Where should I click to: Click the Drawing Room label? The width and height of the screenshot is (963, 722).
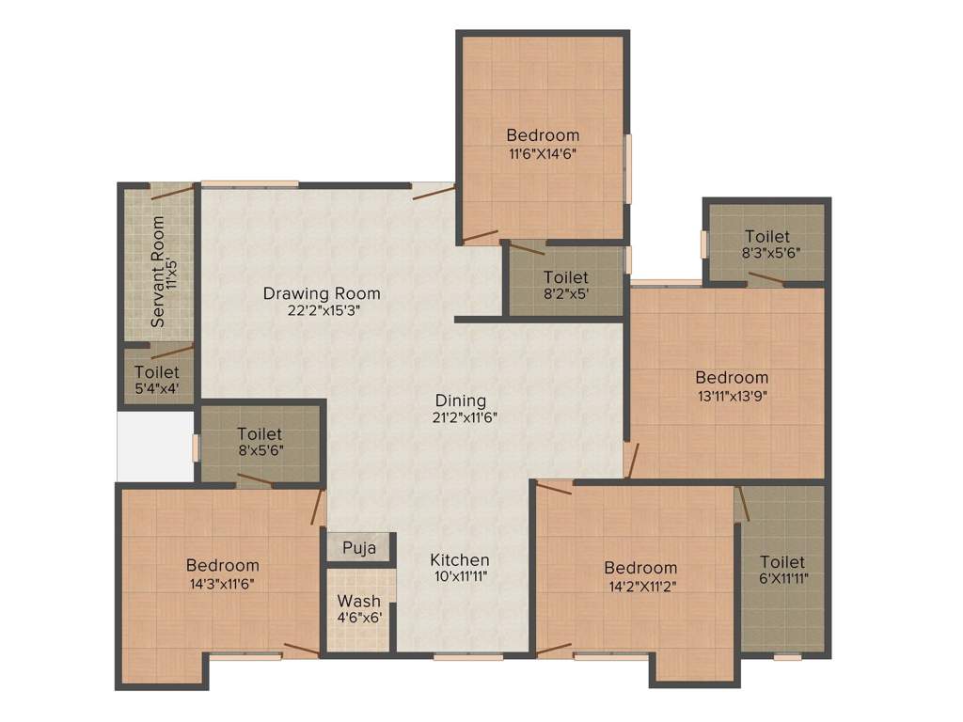click(x=322, y=293)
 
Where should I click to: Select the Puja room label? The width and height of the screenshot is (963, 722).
click(x=359, y=547)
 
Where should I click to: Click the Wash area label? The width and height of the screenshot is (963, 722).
click(x=359, y=601)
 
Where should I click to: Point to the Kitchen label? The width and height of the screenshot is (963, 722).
click(x=460, y=559)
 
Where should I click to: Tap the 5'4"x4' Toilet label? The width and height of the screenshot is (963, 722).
click(x=156, y=373)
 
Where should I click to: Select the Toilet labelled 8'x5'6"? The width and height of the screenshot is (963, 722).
click(x=260, y=434)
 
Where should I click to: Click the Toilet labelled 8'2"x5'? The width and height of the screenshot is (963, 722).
click(x=566, y=277)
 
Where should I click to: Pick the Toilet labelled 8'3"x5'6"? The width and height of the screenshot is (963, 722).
click(x=767, y=237)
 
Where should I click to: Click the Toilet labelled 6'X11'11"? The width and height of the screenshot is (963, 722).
click(x=783, y=561)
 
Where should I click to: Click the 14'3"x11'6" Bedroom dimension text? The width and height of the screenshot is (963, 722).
click(x=222, y=583)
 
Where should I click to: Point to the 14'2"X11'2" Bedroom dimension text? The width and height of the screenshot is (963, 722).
click(x=640, y=585)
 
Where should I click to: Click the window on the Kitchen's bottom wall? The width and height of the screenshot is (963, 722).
click(x=468, y=656)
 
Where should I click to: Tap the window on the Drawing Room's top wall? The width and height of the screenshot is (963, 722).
click(x=249, y=183)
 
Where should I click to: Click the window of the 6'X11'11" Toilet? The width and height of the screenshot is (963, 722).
click(x=787, y=657)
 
